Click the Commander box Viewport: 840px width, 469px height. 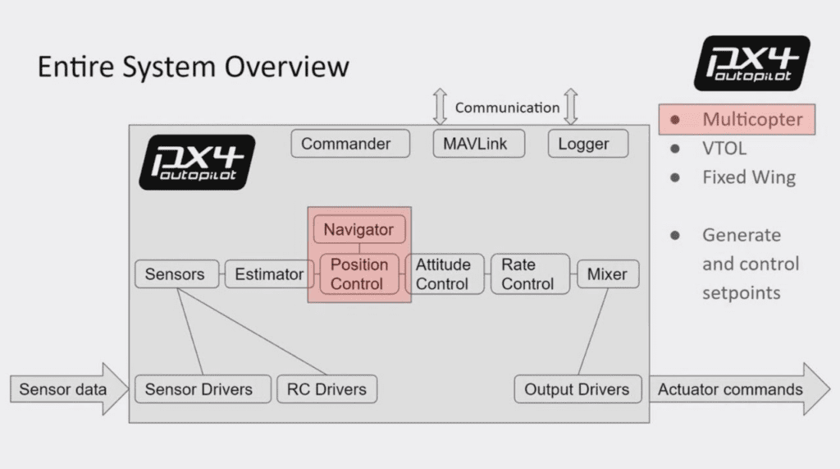click(345, 144)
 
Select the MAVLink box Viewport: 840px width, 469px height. click(476, 144)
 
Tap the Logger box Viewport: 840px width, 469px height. click(583, 144)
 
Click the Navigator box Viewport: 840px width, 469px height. click(358, 230)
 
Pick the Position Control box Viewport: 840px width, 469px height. click(358, 274)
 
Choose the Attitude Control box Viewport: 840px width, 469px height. click(443, 274)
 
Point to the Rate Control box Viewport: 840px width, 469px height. click(527, 274)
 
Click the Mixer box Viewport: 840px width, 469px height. click(607, 274)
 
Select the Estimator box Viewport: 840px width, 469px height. click(269, 274)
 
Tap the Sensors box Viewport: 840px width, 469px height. click(175, 274)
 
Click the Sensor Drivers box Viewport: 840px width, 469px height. click(198, 389)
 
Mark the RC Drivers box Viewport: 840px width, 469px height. click(327, 389)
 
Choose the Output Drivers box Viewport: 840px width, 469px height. click(577, 389)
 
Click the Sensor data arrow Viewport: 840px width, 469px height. click(63, 389)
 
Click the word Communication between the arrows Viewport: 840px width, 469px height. click(507, 108)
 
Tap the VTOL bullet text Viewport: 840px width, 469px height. click(725, 149)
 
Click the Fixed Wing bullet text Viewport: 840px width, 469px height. click(748, 177)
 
